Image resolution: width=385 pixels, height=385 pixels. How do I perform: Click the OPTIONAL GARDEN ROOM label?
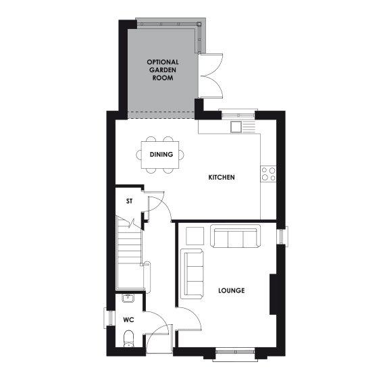[163, 70]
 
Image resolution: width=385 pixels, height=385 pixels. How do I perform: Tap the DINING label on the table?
[162, 155]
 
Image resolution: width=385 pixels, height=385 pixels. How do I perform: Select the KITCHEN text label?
[222, 178]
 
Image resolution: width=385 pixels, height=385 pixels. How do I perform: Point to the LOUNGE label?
[231, 291]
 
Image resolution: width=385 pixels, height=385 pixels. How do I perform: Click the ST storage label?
[130, 201]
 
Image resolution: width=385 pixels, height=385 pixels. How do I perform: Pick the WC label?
[128, 319]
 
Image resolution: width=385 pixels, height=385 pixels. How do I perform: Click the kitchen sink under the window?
[236, 126]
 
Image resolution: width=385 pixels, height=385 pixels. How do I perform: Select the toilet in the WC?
[129, 338]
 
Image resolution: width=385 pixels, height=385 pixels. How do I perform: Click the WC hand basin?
[128, 299]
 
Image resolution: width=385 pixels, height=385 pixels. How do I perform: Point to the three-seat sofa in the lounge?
[235, 237]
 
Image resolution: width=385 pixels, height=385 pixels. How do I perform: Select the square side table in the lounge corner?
[195, 235]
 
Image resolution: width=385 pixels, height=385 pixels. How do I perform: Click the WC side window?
[106, 318]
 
